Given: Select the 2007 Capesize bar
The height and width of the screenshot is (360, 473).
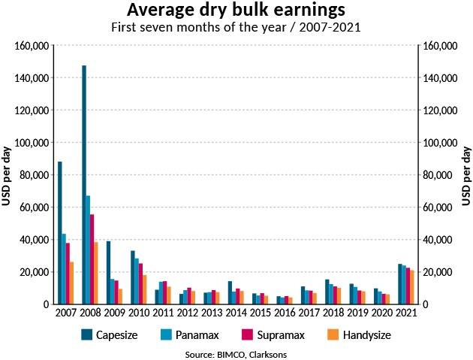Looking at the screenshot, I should point(60,233).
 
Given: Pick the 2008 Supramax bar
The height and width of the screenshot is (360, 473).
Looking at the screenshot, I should point(92,259).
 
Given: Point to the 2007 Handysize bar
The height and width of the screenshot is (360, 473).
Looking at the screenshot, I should point(71,283).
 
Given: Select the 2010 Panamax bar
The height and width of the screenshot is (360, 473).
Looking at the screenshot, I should point(137,281).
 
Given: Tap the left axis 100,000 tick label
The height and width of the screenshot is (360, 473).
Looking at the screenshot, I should point(32,143).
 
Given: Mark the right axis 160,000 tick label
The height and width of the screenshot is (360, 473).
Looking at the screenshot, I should point(440,46).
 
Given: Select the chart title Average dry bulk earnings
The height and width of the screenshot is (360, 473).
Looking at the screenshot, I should point(236,11).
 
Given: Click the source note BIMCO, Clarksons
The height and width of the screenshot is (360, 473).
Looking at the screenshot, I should point(236,353).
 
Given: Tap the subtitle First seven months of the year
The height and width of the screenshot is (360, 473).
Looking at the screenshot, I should point(236,28).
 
